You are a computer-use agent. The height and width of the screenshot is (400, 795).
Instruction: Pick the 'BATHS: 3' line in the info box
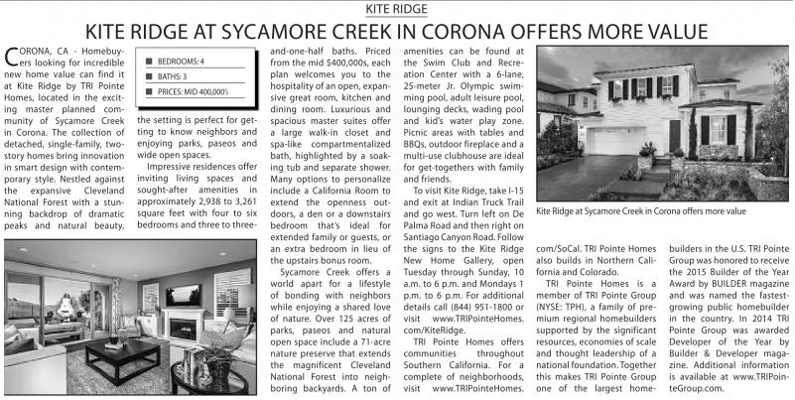pos(173,75)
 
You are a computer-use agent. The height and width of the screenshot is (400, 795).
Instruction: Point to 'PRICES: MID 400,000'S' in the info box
pos(194,91)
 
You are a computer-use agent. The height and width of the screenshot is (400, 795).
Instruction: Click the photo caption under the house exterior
pos(641,210)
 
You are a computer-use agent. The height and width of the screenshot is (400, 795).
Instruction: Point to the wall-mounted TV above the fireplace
pos(184,295)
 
